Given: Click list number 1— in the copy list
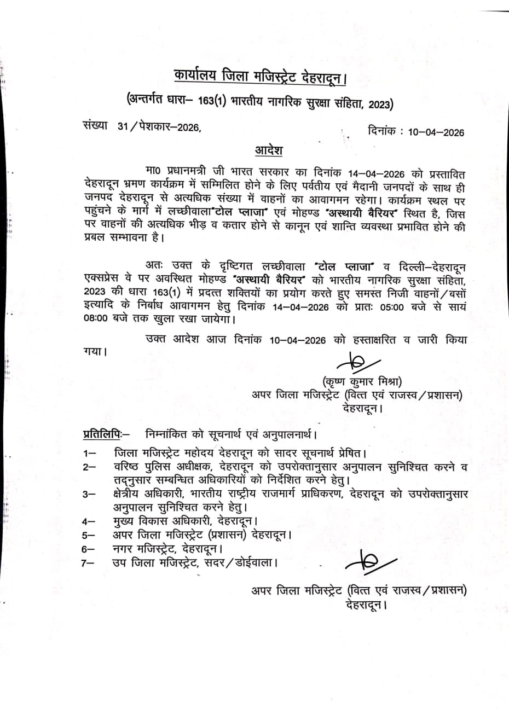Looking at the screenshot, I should [x=90, y=454].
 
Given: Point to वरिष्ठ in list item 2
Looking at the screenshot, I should [x=129, y=467].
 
